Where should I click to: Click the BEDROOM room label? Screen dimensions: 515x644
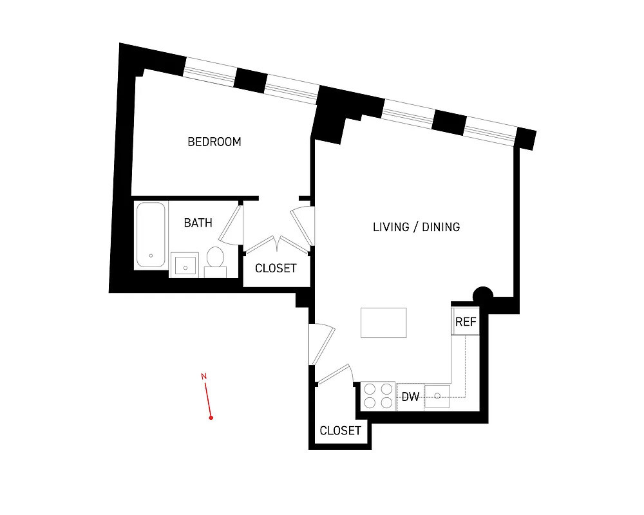click(214, 142)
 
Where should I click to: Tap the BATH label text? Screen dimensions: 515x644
click(198, 223)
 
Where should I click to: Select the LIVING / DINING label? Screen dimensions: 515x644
click(416, 227)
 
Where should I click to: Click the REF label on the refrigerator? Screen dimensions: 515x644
click(466, 322)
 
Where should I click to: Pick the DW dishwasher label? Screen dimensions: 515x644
click(410, 397)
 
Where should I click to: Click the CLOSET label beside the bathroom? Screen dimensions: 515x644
click(276, 268)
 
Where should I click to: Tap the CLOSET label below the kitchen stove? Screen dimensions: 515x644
click(340, 431)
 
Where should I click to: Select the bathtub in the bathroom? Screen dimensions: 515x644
click(151, 235)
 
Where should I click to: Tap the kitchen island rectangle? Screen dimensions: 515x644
click(383, 323)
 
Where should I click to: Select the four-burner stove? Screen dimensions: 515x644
click(378, 395)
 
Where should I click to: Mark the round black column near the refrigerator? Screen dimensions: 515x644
click(483, 295)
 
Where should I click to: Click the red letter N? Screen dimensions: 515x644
click(204, 376)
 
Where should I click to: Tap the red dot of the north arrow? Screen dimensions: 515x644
click(211, 418)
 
